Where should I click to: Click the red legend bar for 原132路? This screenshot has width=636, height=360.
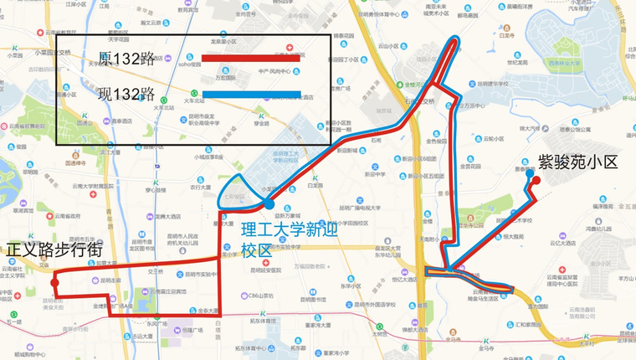(x=250, y=59)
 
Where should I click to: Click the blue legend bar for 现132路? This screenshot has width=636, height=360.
(x=250, y=95)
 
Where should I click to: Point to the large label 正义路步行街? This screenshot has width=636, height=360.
(x=54, y=250)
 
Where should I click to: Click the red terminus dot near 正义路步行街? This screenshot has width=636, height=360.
(x=54, y=283)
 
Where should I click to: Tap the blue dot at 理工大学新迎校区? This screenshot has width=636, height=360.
(x=269, y=203)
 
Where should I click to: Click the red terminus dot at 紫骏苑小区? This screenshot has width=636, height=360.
(x=536, y=179)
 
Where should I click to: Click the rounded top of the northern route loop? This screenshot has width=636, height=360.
(x=454, y=39)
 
